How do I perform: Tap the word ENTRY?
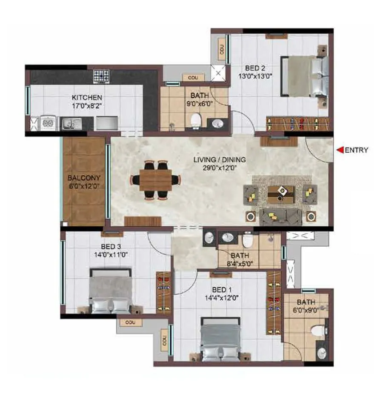(356, 150)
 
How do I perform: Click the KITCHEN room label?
(86, 97)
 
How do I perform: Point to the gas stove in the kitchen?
(101, 77)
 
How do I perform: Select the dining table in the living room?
(155, 180)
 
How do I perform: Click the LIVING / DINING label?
(220, 160)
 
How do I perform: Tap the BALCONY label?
(83, 178)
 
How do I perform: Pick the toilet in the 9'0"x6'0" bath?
(195, 120)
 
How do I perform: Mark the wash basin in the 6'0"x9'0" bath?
(322, 353)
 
